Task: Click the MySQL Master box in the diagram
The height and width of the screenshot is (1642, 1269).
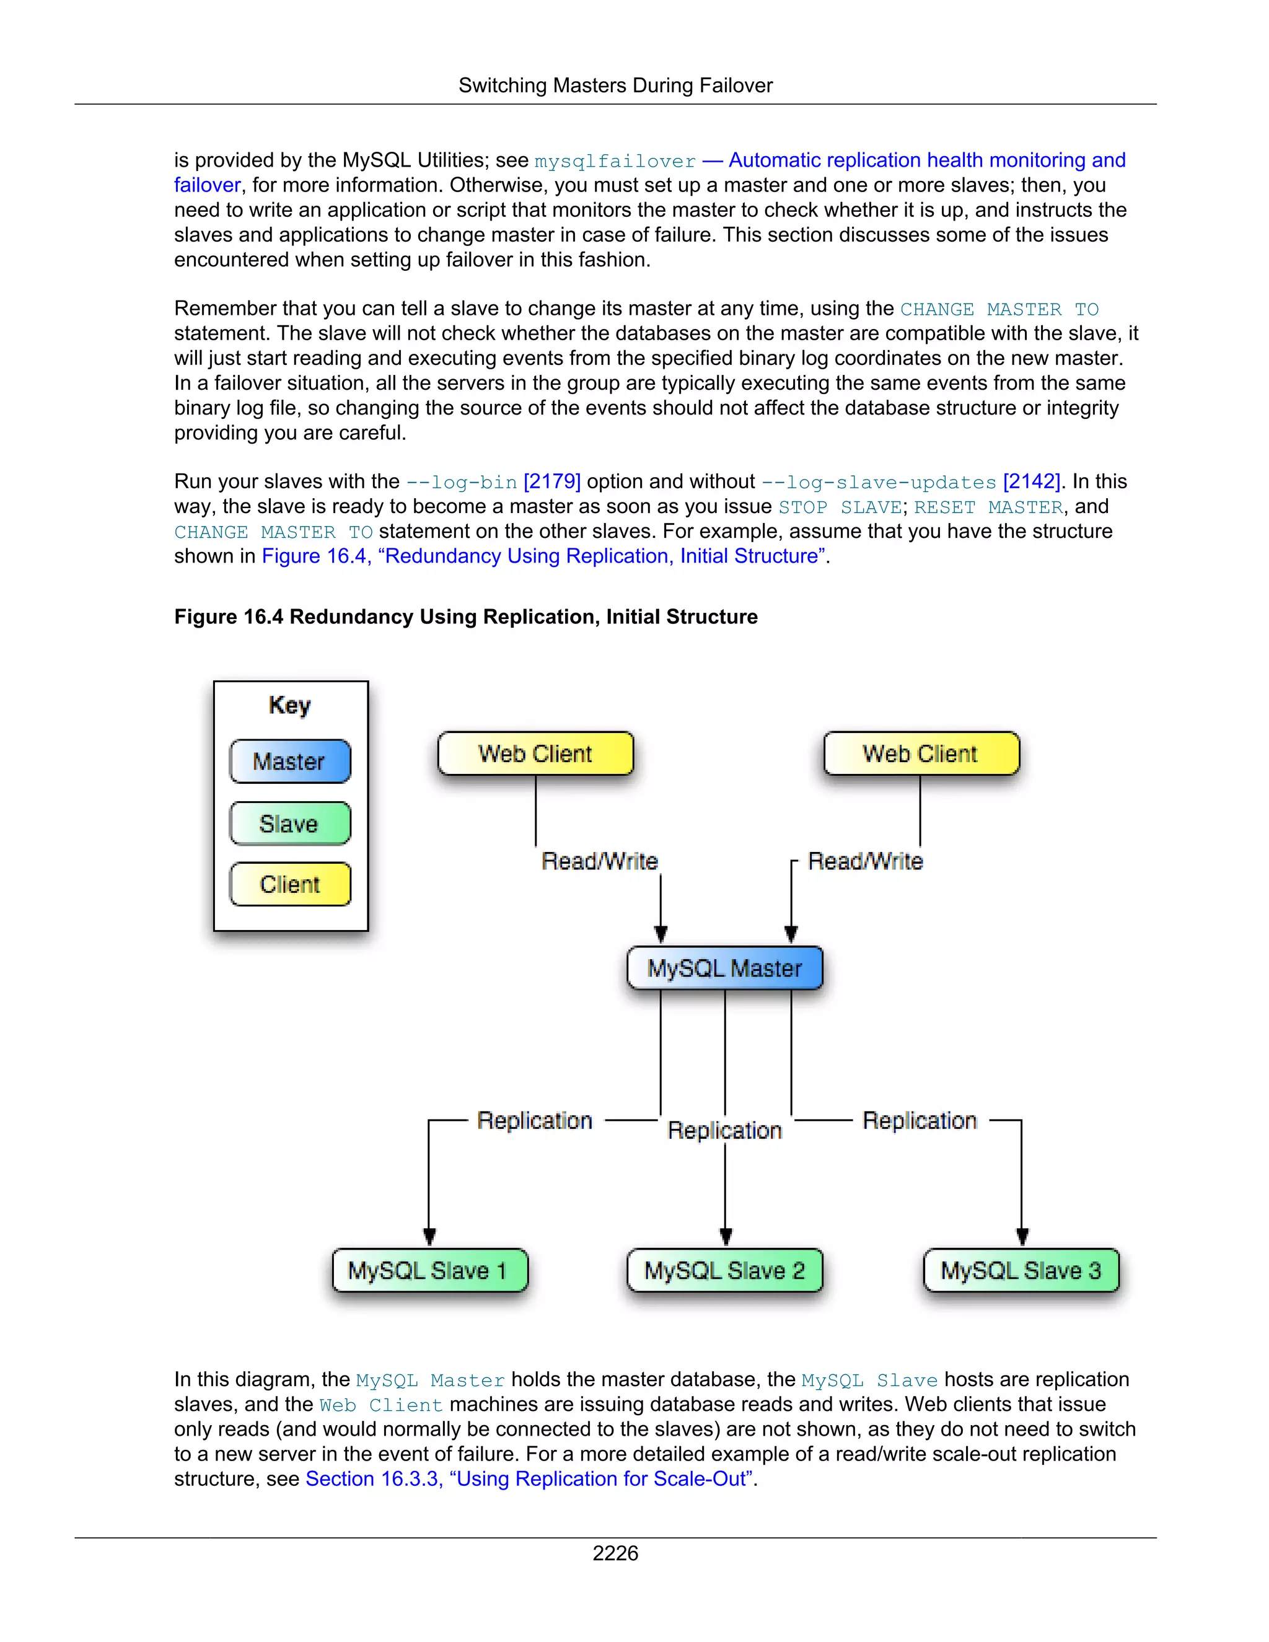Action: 725,968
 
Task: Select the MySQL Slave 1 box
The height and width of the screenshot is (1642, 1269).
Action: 429,1271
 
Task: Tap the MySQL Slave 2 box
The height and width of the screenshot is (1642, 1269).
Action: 725,1271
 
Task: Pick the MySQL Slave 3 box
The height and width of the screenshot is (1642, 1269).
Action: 1021,1271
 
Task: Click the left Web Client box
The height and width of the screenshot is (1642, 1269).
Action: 535,753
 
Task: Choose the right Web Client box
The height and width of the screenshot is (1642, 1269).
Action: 921,753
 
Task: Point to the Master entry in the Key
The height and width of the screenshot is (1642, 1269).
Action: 289,762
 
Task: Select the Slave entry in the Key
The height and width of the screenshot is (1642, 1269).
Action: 289,824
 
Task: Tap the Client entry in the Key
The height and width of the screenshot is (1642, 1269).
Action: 289,884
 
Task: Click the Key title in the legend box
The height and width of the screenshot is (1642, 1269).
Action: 289,705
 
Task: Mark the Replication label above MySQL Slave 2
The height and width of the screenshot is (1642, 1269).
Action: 725,1131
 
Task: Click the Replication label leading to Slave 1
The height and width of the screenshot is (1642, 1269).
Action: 535,1120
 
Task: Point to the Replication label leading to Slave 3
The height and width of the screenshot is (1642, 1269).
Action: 920,1120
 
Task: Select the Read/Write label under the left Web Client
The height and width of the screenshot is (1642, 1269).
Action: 599,861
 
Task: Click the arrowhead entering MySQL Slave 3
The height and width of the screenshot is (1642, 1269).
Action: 1022,1236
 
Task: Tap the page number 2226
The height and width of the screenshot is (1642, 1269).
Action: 615,1553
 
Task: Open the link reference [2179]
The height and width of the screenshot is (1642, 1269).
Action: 552,482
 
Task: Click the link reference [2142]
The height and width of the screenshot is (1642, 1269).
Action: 1030,482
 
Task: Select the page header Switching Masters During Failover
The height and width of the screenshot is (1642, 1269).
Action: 615,86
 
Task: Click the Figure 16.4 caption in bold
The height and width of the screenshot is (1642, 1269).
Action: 465,617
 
